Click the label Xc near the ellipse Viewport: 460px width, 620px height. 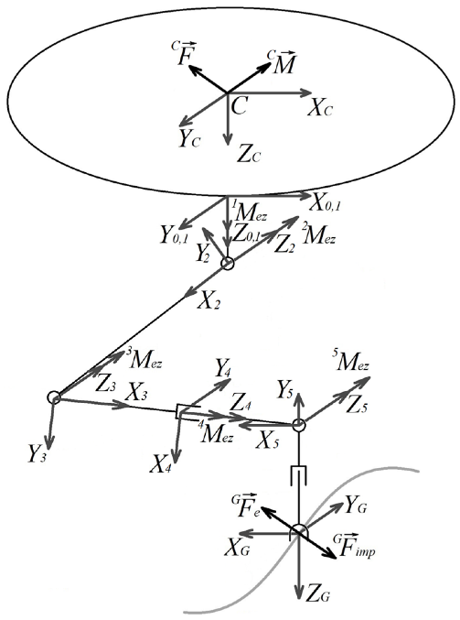coord(320,107)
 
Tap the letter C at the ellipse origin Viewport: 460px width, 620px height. coord(240,105)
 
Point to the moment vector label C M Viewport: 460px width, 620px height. coord(282,62)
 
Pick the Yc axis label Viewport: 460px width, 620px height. coord(188,138)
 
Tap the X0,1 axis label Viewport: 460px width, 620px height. coord(326,203)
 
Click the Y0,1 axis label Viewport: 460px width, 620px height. coord(175,234)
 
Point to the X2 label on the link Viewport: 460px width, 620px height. coord(209,301)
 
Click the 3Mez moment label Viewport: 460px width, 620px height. coord(144,358)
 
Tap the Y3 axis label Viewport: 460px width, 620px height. coord(38,454)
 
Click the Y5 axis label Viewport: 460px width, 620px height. coord(285,390)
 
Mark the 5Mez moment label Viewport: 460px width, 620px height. coord(351,362)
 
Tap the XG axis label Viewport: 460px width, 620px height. coord(237,549)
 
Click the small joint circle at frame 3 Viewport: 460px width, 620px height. coord(54,397)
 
